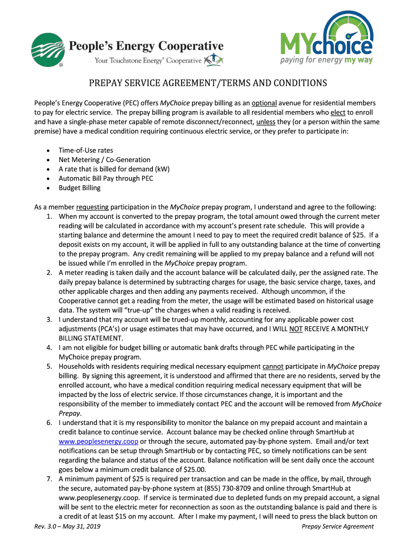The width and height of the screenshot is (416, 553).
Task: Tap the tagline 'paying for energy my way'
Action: [326, 60]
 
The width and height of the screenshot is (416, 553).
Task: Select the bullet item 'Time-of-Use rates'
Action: [86, 150]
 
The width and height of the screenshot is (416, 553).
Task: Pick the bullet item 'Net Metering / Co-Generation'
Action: [104, 160]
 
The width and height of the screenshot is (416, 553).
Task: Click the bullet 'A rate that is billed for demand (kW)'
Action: [114, 169]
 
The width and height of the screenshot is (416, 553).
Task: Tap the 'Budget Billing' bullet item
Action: [79, 188]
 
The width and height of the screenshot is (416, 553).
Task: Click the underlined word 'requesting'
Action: [92, 207]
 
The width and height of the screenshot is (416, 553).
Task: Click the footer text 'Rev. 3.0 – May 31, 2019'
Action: [67, 527]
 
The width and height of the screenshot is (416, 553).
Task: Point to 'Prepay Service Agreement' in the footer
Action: [338, 527]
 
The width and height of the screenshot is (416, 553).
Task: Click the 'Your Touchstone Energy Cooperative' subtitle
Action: [147, 60]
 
